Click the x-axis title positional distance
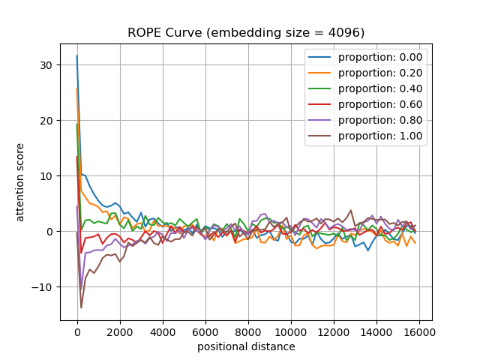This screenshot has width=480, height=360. click(246, 346)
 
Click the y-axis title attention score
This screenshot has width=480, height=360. click(21, 182)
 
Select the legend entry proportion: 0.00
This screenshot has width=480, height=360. click(379, 57)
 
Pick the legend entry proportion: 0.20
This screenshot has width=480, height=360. click(379, 73)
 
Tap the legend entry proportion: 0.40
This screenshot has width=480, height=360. click(379, 88)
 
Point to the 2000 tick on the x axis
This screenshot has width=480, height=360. click(120, 330)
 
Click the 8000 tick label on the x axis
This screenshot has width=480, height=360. click(248, 330)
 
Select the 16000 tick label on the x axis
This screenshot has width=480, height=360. click(419, 330)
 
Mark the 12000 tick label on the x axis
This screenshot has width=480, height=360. click(334, 330)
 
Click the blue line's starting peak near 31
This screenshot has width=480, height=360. click(76, 55)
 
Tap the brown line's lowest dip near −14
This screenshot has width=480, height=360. click(81, 307)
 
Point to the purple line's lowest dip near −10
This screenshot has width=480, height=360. click(81, 288)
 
